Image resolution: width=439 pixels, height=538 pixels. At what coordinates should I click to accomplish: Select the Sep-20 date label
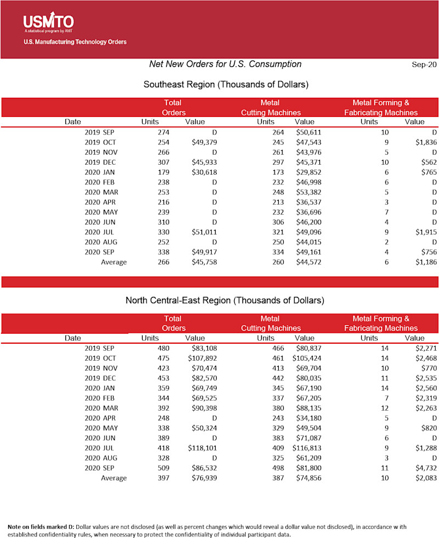coord(424,64)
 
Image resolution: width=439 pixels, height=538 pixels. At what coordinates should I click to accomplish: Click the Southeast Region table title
coord(226,85)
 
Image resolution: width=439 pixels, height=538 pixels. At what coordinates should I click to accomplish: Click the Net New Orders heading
coord(225,64)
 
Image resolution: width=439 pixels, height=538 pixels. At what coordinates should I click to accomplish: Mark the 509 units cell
coord(164,468)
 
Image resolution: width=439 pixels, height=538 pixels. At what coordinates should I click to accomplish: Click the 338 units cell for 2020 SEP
coord(164,252)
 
